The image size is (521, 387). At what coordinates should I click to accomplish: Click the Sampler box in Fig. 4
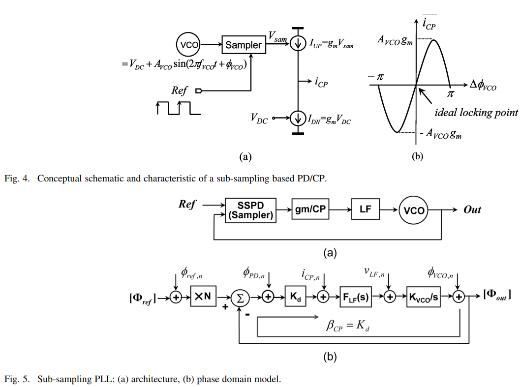[244, 45]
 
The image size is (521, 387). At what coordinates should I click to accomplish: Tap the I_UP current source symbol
[297, 44]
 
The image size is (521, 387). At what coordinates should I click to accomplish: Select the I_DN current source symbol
[297, 119]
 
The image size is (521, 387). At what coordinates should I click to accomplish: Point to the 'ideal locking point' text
[476, 113]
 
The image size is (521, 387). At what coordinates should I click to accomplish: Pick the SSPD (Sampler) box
[251, 210]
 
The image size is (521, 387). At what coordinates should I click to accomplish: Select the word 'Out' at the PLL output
[472, 210]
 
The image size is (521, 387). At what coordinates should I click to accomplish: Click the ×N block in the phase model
[203, 297]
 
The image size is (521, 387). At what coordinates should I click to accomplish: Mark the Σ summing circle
[241, 297]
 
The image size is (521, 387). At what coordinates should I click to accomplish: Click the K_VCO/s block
[424, 297]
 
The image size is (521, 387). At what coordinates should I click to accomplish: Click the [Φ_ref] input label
[143, 298]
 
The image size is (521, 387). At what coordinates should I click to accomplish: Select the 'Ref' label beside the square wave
[180, 90]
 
